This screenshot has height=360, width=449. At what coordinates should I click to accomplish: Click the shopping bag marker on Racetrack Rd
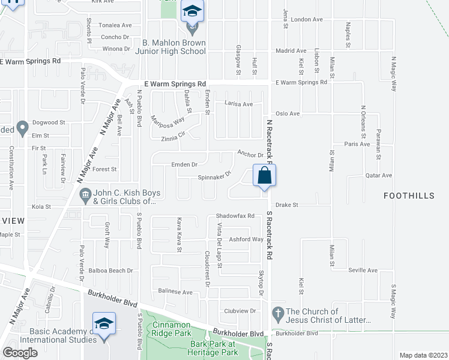[x=264, y=176]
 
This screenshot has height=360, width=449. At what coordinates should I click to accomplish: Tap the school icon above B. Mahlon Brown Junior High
[x=192, y=11]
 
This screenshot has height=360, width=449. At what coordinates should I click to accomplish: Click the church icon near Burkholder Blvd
[x=277, y=313]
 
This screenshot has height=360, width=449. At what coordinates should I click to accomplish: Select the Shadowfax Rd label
[x=235, y=216]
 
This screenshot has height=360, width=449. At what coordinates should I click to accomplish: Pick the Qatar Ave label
[x=378, y=175]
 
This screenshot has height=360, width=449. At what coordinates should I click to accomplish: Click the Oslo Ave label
[x=287, y=113]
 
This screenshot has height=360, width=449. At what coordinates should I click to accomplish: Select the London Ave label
[x=306, y=19]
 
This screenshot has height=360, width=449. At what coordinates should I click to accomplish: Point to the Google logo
[x=20, y=353]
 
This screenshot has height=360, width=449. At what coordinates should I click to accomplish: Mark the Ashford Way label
[x=246, y=239]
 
